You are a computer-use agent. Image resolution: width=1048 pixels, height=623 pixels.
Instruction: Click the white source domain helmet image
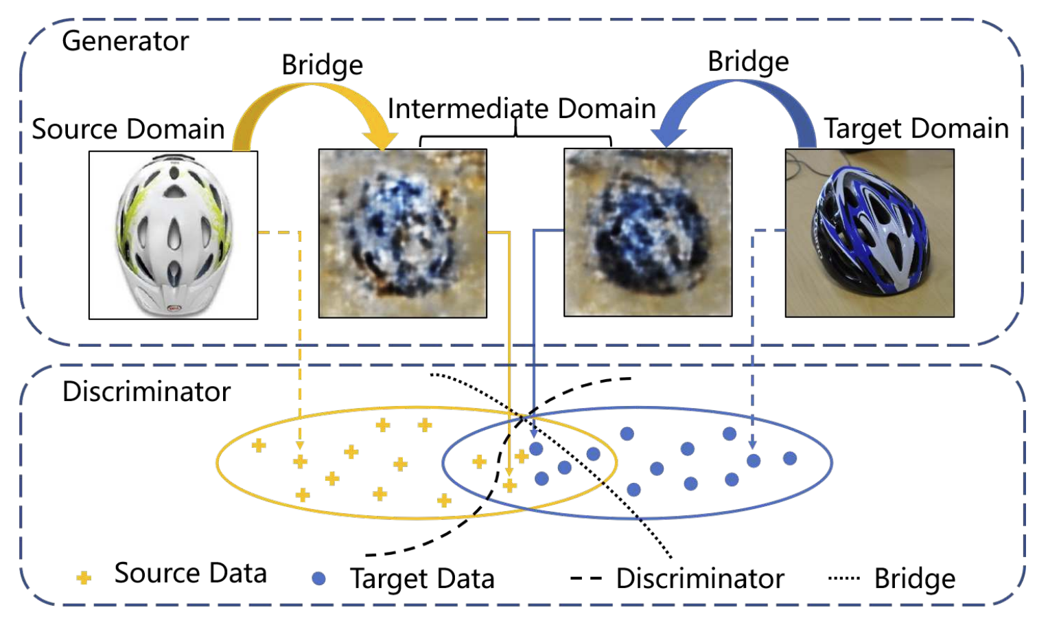tap(173, 235)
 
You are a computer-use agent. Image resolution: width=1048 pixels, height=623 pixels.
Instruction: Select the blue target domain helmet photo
tap(870, 233)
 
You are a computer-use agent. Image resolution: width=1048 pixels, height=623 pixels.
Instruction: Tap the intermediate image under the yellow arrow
tap(403, 233)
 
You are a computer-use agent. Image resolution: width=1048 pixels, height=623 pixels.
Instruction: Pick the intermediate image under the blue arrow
tap(648, 232)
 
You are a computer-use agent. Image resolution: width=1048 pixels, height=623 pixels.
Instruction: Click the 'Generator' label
tap(125, 41)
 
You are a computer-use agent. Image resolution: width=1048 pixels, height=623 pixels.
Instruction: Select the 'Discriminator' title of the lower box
tap(146, 392)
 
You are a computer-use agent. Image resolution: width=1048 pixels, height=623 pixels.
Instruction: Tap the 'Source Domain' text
tap(128, 129)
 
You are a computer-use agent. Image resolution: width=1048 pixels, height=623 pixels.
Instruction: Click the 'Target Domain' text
tap(916, 128)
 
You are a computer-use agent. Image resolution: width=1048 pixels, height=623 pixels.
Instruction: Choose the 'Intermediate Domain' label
tap(522, 109)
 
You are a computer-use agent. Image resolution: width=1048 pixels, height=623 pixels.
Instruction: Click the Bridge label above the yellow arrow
tap(322, 65)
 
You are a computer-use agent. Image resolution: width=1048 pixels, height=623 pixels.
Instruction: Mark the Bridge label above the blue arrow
tap(748, 62)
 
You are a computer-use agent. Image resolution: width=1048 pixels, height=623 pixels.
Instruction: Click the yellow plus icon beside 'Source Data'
tap(84, 578)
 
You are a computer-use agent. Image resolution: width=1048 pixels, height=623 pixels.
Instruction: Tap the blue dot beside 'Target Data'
tap(318, 578)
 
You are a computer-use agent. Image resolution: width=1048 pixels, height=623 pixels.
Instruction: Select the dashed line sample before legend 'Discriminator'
tap(586, 578)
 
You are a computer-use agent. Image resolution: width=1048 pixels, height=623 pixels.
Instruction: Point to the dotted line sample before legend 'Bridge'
tap(843, 578)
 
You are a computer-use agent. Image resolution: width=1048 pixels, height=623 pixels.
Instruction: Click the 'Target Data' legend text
tap(422, 578)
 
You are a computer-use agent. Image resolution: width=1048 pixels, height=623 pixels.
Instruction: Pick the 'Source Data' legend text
tap(190, 574)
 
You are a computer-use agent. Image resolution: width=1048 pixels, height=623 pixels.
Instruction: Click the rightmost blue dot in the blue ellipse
tap(790, 458)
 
